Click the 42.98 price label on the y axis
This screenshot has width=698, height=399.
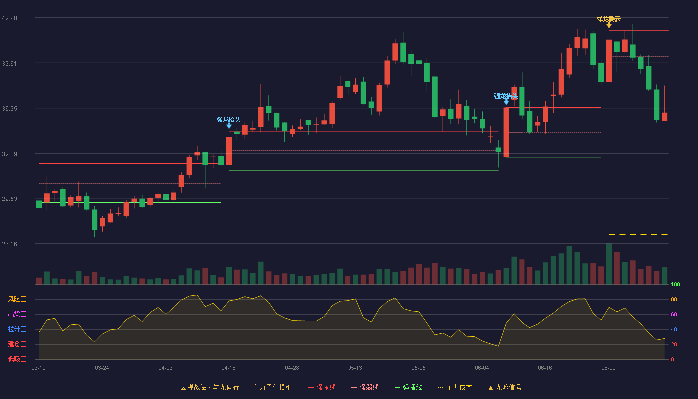(9, 18)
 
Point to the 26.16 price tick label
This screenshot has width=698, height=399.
(9, 244)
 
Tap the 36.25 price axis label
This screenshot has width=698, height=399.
(9, 109)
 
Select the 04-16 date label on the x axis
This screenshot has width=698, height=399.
(228, 368)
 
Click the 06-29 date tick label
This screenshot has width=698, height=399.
(608, 368)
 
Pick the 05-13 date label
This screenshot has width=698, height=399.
(355, 368)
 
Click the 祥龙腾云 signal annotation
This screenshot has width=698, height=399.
(609, 19)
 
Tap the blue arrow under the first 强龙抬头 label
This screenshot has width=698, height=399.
(229, 126)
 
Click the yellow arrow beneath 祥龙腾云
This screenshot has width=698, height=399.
(609, 25)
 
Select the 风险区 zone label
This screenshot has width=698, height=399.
(17, 299)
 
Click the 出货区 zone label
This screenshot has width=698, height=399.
(17, 314)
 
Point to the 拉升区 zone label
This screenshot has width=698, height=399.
(17, 329)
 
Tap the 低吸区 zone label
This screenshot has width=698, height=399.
(17, 359)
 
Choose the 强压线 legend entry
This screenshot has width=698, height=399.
(322, 387)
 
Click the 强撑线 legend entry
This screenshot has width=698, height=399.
(408, 387)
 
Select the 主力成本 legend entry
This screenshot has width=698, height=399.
(455, 387)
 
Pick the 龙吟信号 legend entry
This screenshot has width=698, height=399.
(505, 387)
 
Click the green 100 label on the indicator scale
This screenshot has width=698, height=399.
(675, 284)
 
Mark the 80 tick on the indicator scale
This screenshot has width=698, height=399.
(674, 299)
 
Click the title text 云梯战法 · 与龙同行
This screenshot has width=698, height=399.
(210, 387)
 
